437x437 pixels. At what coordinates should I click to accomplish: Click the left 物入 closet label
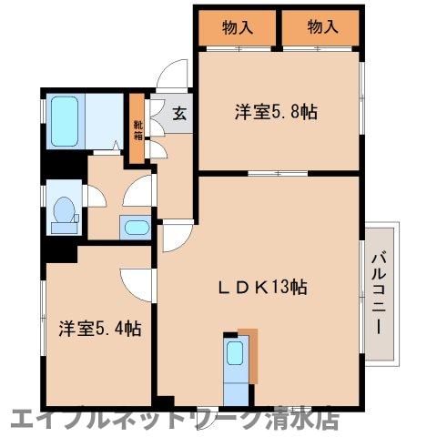tap(238, 27)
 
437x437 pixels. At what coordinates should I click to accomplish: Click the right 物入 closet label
tap(321, 27)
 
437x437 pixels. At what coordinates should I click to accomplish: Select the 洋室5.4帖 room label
tap(100, 327)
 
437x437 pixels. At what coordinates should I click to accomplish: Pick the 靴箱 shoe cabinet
tap(137, 129)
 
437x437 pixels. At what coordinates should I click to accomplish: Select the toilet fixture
tap(65, 209)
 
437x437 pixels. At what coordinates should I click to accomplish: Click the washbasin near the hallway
tap(135, 227)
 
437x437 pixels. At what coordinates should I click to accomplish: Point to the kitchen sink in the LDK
tap(234, 354)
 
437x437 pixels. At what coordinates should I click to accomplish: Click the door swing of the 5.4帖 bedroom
tap(137, 284)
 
